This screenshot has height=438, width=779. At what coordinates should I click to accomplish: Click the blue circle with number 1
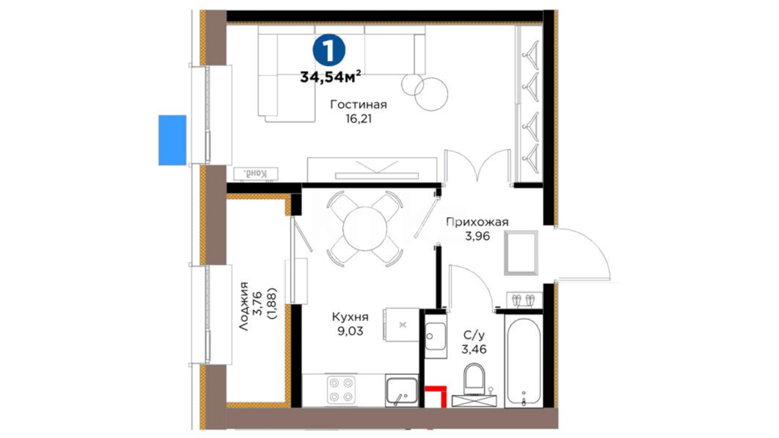329,50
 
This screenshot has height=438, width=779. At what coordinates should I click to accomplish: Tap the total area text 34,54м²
331,77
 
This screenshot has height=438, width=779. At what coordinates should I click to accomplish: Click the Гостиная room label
358,105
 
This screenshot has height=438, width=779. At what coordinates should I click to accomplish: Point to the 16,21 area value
358,119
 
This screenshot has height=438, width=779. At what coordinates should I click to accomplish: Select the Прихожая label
477,222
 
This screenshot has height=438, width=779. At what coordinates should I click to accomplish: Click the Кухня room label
350,317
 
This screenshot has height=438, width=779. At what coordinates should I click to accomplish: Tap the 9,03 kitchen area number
350,331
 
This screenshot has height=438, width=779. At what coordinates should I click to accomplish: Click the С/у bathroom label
474,335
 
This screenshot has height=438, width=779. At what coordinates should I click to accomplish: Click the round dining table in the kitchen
365,228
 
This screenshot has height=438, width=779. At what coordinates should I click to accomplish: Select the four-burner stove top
341,390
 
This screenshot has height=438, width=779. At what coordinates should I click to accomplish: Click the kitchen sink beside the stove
401,391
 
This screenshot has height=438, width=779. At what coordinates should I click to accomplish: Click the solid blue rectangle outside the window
172,140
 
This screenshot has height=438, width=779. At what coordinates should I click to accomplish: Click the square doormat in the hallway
521,253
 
